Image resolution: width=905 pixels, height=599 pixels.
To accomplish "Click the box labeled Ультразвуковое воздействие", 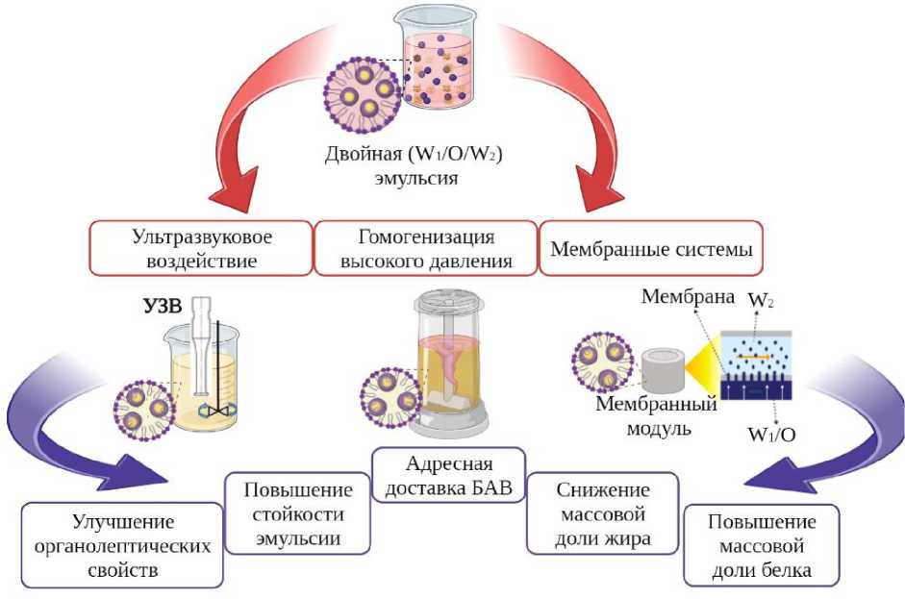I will [201, 248].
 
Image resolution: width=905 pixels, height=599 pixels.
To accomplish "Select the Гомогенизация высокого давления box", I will [427, 248].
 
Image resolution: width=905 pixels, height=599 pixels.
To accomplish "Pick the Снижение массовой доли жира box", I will [603, 512].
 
